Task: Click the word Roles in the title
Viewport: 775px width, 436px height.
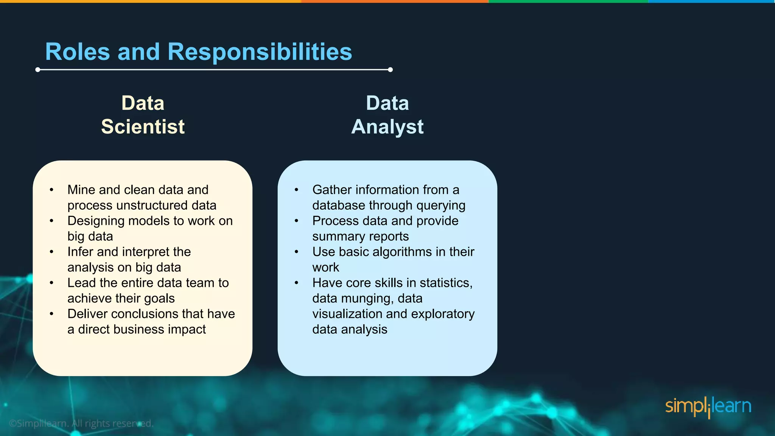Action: (78, 52)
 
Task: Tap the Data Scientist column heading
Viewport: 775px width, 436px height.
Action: (143, 115)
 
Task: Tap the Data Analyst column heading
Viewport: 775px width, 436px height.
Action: (387, 115)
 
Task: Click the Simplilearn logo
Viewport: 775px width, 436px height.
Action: (708, 407)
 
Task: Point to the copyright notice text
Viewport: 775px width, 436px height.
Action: (81, 423)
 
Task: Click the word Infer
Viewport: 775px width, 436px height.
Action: (80, 252)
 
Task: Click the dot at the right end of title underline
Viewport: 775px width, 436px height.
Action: (390, 70)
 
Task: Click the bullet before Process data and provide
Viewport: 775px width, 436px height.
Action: (297, 221)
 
